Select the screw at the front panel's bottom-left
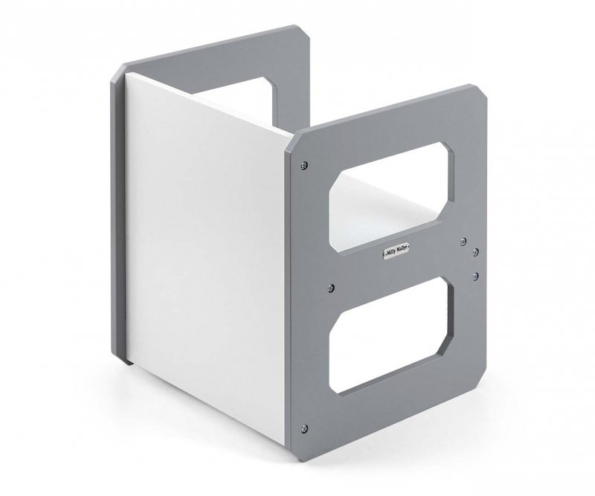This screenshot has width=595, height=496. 303,426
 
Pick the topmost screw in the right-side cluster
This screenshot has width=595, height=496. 463,240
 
